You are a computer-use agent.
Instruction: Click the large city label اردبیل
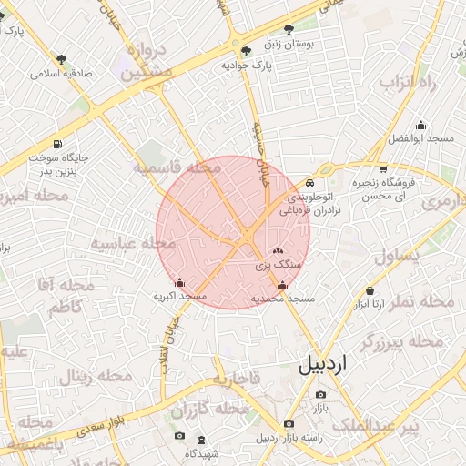pyautogui.click(x=322, y=365)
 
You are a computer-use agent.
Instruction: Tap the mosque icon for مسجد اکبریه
pyautogui.click(x=179, y=282)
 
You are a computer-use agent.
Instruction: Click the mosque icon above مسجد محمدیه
pyautogui.click(x=282, y=285)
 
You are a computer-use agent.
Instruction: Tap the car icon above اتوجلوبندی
pyautogui.click(x=311, y=181)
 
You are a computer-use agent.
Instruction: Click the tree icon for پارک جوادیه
pyautogui.click(x=248, y=51)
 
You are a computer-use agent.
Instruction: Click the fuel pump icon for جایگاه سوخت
pyautogui.click(x=59, y=144)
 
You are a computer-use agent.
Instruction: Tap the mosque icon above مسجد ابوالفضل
pyautogui.click(x=420, y=126)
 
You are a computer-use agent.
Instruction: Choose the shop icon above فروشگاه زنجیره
pyautogui.click(x=382, y=167)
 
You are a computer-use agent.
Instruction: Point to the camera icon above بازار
pyautogui.click(x=320, y=394)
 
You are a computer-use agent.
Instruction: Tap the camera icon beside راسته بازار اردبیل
pyautogui.click(x=289, y=424)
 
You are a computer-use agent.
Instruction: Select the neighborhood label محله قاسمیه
pyautogui.click(x=177, y=168)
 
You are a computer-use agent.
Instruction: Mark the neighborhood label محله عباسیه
pyautogui.click(x=133, y=243)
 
